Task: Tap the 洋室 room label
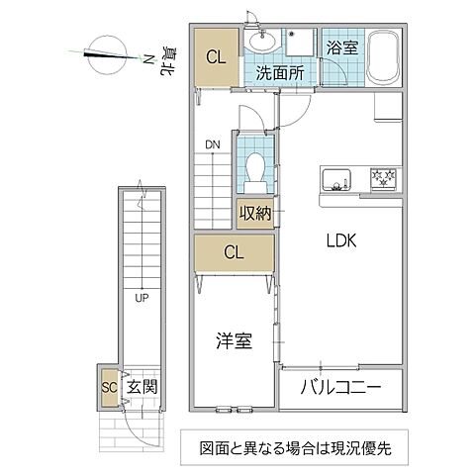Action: pyautogui.click(x=235, y=340)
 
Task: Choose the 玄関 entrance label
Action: pyautogui.click(x=142, y=387)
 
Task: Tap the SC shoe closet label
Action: pyautogui.click(x=108, y=387)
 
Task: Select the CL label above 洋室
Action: pyautogui.click(x=234, y=252)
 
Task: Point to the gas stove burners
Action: pyautogui.click(x=383, y=179)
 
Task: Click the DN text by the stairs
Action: pyautogui.click(x=212, y=145)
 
